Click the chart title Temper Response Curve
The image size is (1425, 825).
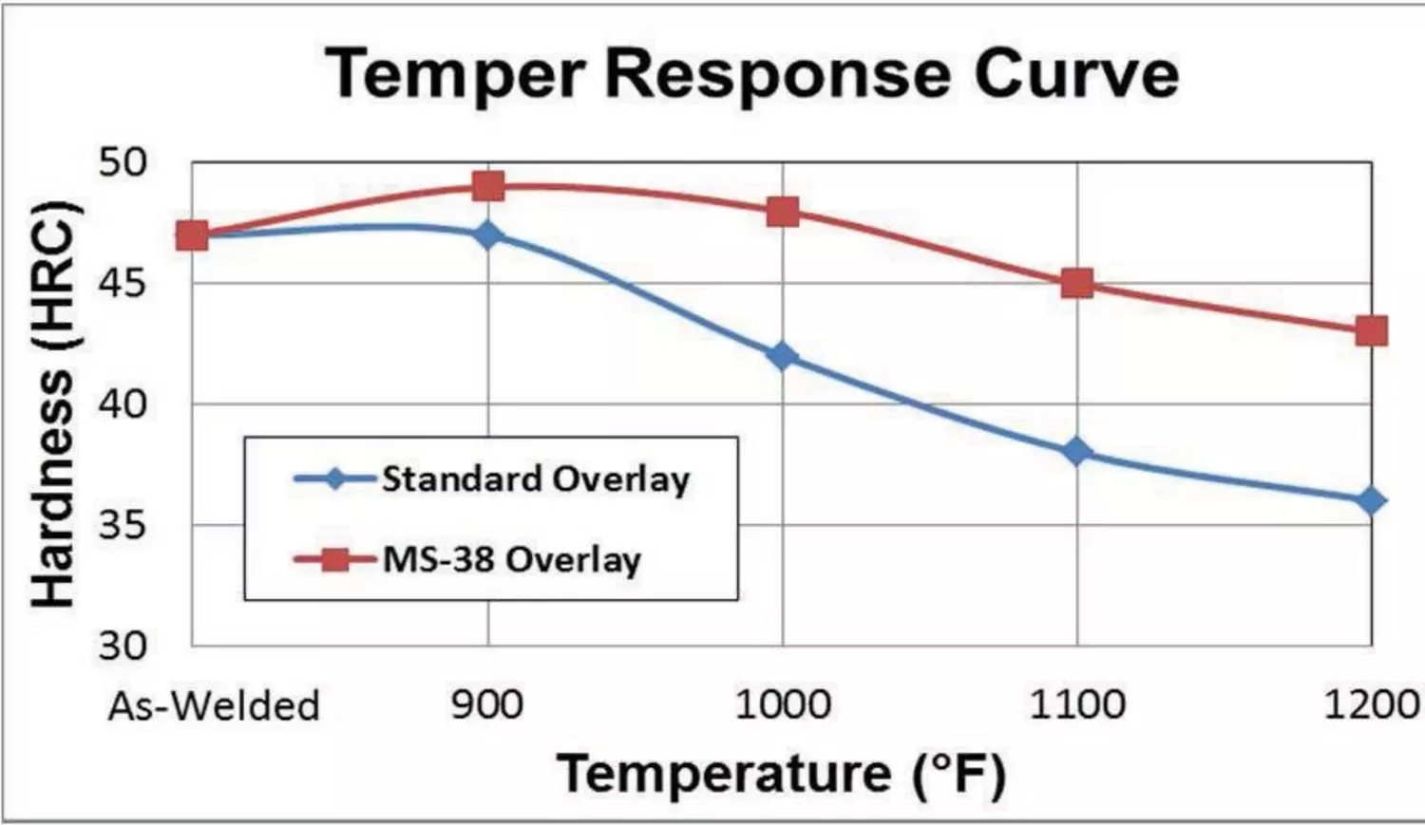[751, 74]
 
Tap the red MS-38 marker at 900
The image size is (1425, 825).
[488, 186]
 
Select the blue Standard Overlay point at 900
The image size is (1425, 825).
[488, 234]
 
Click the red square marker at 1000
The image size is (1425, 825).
[783, 211]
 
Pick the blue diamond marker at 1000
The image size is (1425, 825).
[783, 356]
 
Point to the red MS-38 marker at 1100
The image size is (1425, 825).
[1077, 283]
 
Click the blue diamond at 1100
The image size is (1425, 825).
[1077, 452]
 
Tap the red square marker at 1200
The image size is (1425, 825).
[1371, 331]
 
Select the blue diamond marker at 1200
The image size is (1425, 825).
[1371, 500]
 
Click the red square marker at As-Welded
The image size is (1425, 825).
[193, 234]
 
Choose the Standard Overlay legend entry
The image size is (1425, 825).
[535, 478]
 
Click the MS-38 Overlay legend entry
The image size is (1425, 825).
[511, 559]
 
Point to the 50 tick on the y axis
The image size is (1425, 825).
[123, 162]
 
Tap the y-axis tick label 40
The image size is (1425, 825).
[123, 404]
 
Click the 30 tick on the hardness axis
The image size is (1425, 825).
[123, 646]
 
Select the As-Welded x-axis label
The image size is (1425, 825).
[214, 706]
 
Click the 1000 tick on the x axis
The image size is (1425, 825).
[783, 705]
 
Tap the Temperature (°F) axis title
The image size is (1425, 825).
[781, 774]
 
